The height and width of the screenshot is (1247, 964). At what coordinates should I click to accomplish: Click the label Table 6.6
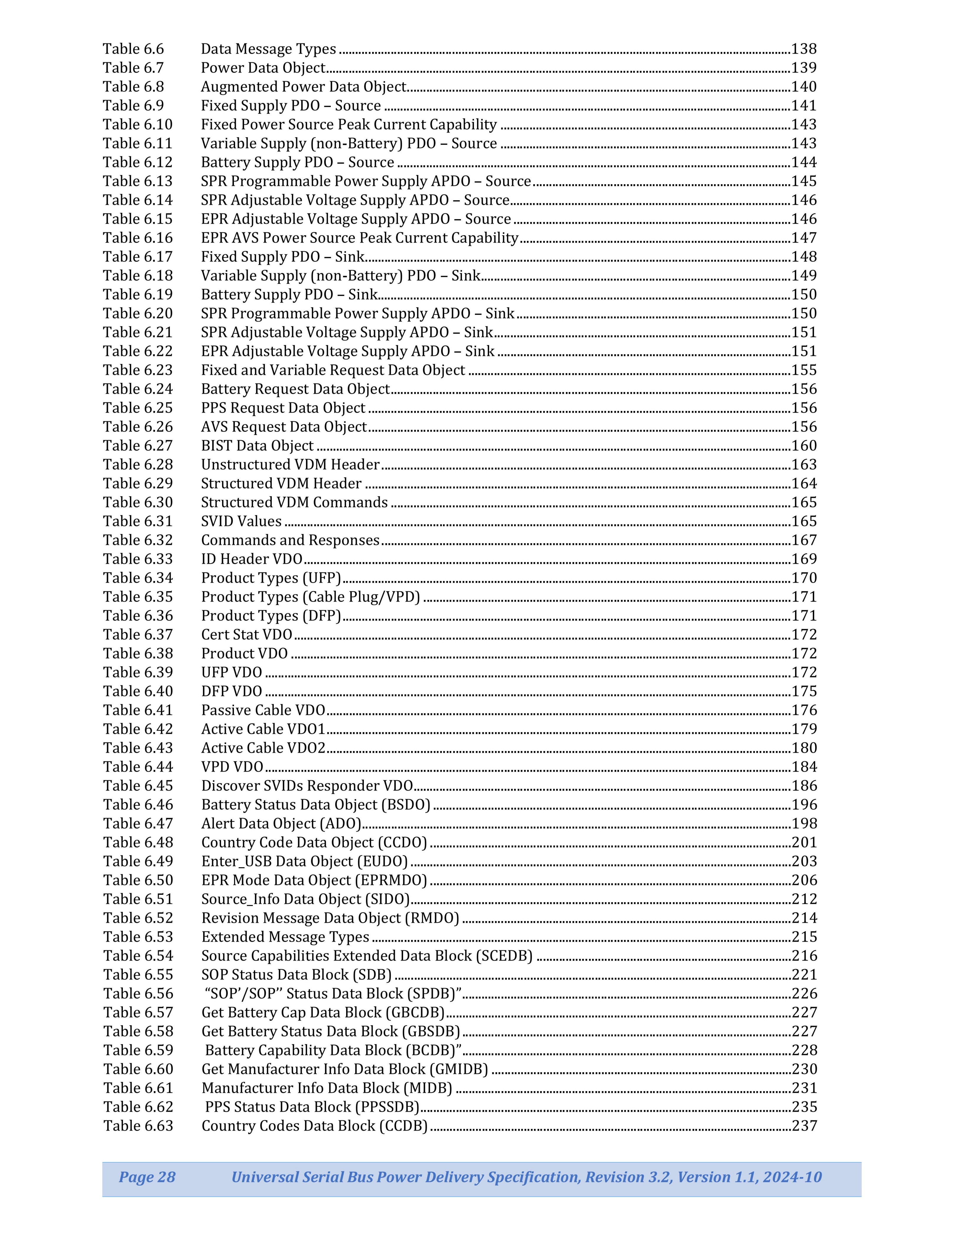(x=133, y=49)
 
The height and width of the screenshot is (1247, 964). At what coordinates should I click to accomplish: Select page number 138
(x=804, y=49)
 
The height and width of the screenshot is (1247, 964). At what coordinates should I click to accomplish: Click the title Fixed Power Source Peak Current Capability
(x=349, y=125)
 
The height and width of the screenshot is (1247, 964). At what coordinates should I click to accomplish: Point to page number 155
(x=804, y=370)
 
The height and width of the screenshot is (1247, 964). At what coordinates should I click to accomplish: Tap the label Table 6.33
(x=138, y=559)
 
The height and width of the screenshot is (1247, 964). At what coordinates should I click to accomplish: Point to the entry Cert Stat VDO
(x=247, y=634)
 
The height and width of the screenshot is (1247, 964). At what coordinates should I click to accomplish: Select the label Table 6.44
(x=138, y=766)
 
